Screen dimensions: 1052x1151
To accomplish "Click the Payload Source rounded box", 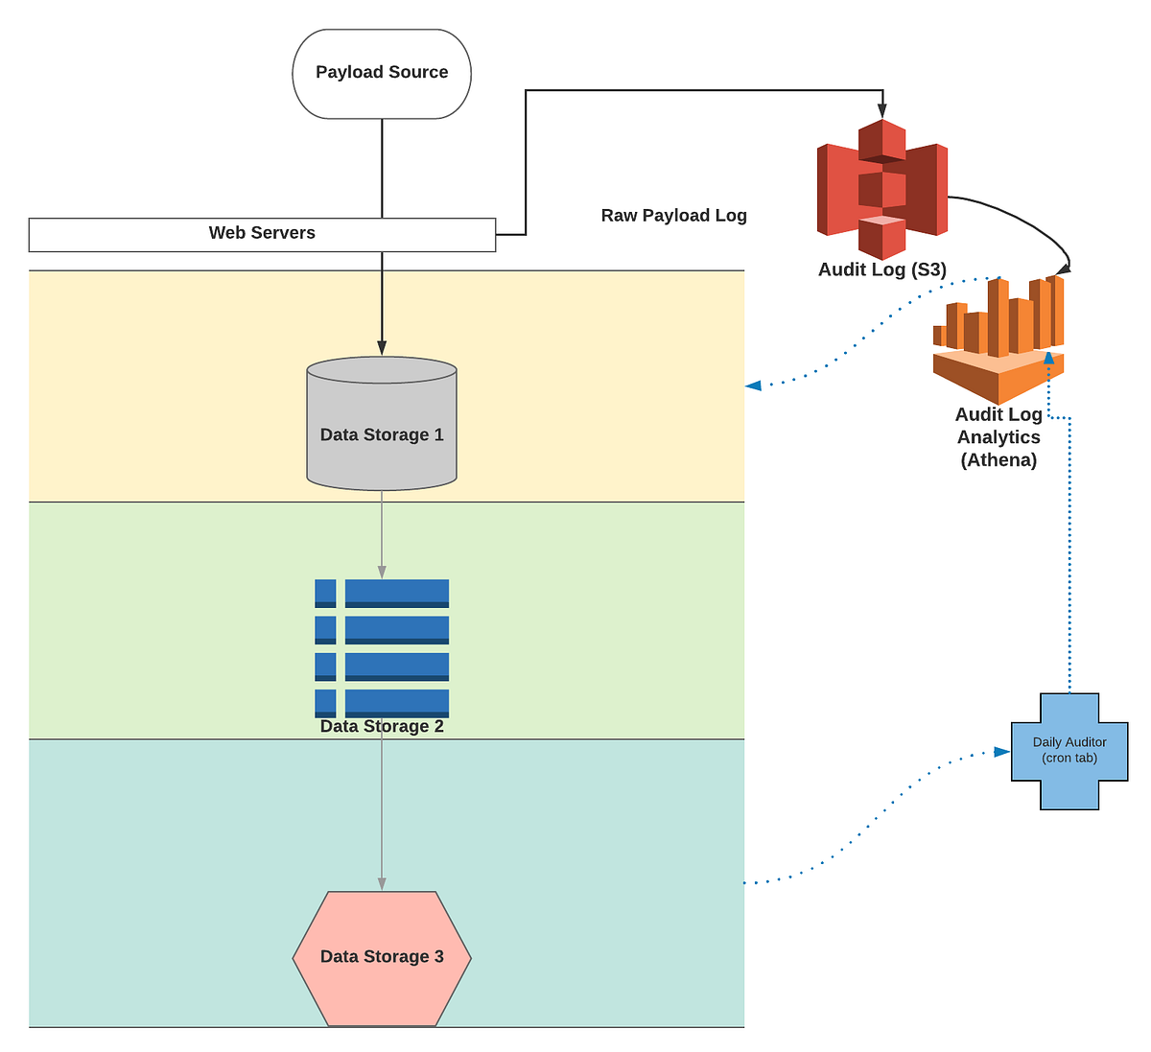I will (382, 74).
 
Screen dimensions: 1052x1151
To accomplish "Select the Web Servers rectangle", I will (262, 234).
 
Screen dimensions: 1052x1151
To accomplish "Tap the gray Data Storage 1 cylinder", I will (382, 423).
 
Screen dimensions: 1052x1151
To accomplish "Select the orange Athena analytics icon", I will (998, 340).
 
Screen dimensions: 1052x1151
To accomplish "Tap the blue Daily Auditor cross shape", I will (1069, 751).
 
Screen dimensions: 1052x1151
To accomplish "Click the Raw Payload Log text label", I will (673, 216).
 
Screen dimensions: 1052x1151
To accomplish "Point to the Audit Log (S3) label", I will (881, 269).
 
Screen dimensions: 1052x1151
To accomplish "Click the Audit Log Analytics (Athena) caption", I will (998, 437).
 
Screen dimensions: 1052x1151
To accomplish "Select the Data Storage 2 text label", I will (382, 727).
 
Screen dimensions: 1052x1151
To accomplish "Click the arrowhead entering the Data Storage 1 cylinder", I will (382, 348).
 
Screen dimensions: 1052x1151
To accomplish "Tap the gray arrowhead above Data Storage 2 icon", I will (382, 572).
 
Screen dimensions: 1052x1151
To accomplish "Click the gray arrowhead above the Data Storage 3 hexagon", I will (382, 884).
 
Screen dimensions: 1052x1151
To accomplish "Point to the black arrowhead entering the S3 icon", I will (882, 111).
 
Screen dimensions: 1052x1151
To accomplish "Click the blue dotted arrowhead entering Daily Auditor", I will (1002, 752).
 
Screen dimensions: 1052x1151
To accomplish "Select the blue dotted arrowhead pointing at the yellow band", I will (754, 386).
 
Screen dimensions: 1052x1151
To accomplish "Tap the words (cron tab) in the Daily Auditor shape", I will (1069, 759).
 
